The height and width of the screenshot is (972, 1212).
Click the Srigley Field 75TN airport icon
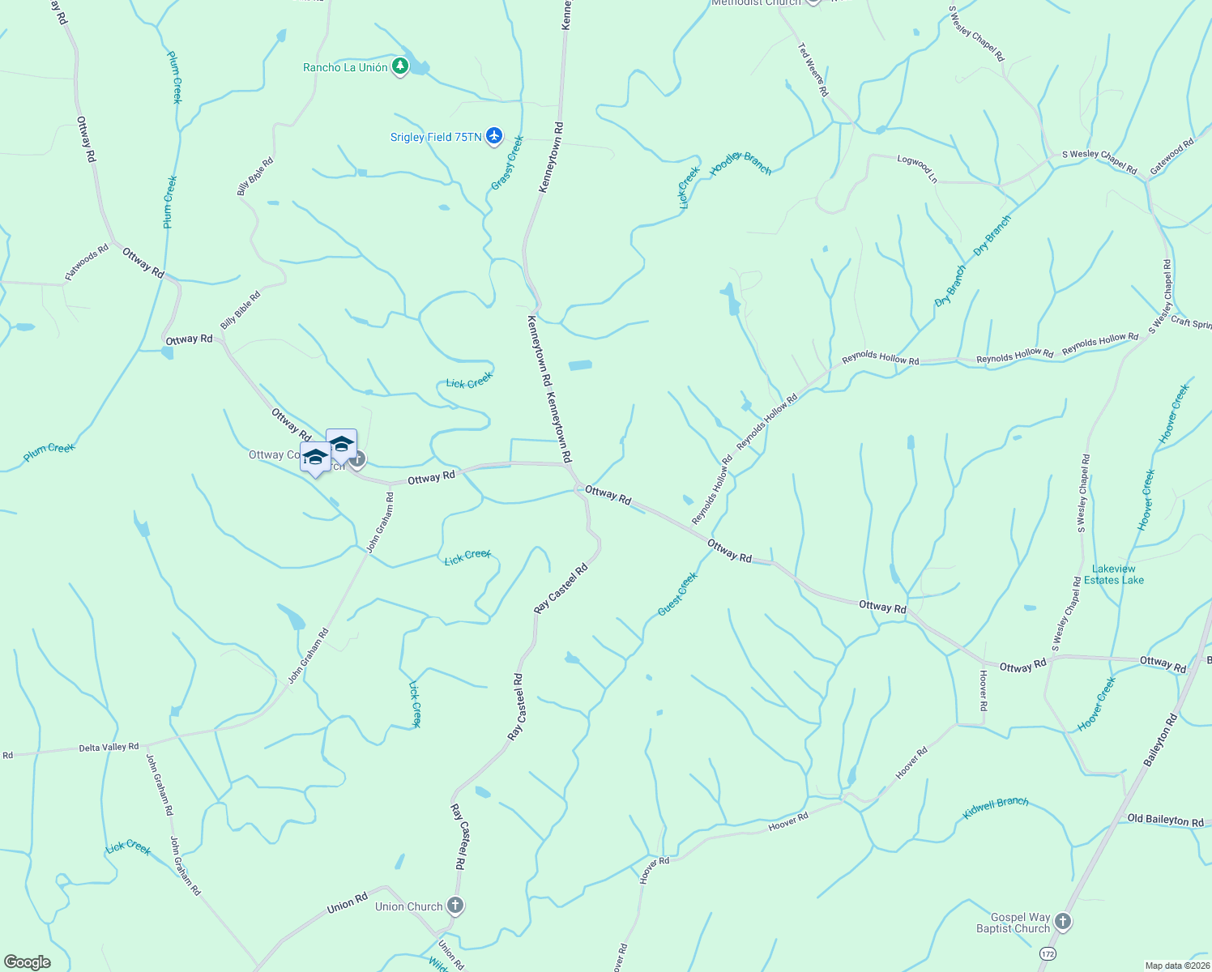pyautogui.click(x=494, y=136)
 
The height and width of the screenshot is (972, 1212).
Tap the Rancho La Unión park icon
pyautogui.click(x=400, y=66)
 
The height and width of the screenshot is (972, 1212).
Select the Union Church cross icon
pyautogui.click(x=455, y=906)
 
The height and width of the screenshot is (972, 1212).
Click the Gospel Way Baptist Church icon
pyautogui.click(x=1063, y=922)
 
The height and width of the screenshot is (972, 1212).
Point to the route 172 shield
pyautogui.click(x=1048, y=954)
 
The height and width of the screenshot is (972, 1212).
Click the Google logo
pyautogui.click(x=28, y=962)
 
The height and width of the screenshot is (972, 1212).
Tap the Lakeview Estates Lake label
pyautogui.click(x=1114, y=574)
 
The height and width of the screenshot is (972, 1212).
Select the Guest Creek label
pyautogui.click(x=677, y=594)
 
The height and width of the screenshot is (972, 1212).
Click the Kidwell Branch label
pyautogui.click(x=996, y=807)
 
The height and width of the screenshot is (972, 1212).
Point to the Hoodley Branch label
pyautogui.click(x=740, y=164)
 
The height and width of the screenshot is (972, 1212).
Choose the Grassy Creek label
pyautogui.click(x=507, y=164)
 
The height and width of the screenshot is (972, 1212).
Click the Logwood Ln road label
pyautogui.click(x=917, y=168)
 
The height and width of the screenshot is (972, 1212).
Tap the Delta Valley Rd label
pyautogui.click(x=109, y=747)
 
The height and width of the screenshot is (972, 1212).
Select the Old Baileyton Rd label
pyautogui.click(x=1165, y=820)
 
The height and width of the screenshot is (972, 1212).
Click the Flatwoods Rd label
pyautogui.click(x=87, y=264)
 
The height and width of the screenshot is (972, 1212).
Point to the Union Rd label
pyautogui.click(x=348, y=902)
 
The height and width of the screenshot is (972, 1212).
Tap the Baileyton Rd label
pyautogui.click(x=1160, y=741)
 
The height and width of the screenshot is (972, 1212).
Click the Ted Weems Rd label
pyautogui.click(x=813, y=70)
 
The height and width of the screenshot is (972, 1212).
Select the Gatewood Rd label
pyautogui.click(x=1172, y=156)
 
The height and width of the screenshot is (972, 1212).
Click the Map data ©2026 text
pyautogui.click(x=1177, y=966)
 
